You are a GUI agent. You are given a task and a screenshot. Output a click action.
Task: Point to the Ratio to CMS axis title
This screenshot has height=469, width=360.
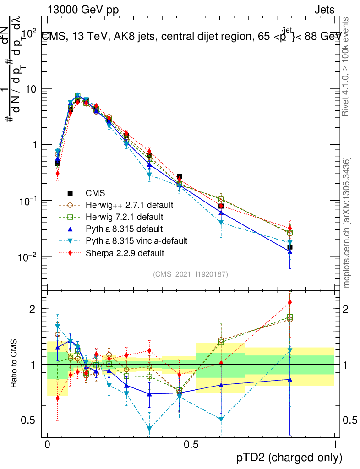(x=15, y=364)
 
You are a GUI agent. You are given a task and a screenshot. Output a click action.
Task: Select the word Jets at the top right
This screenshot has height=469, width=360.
(x=324, y=10)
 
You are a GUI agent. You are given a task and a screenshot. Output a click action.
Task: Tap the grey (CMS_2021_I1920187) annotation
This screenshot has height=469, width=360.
(x=191, y=274)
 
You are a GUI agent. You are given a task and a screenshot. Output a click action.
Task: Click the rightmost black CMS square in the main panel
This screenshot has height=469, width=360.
(x=290, y=247)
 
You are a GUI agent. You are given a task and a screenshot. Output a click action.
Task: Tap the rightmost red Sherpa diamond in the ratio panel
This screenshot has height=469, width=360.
(x=290, y=302)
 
